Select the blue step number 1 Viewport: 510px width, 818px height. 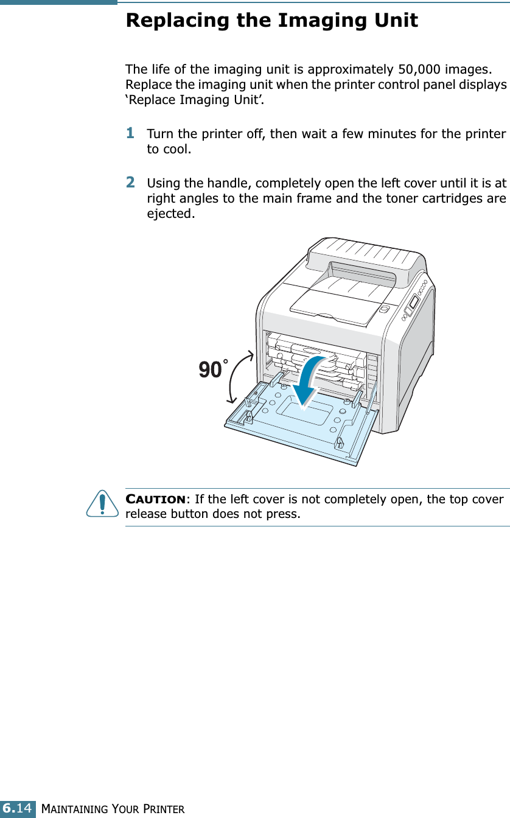pos(130,132)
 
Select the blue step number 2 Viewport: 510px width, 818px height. pos(130,182)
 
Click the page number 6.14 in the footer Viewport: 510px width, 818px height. pos(18,808)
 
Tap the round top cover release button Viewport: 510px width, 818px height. pos(383,309)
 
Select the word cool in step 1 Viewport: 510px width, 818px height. pos(177,149)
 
